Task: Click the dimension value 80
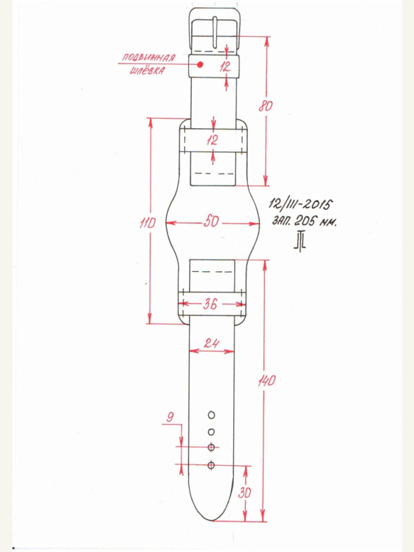[266, 106]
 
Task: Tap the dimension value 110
[147, 223]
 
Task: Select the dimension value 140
[266, 381]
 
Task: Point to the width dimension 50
[211, 221]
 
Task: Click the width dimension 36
[210, 304]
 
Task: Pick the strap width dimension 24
[211, 342]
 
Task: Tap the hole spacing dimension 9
[170, 417]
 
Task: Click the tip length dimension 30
[244, 493]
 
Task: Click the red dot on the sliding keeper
[200, 64]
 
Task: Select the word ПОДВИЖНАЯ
[148, 57]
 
